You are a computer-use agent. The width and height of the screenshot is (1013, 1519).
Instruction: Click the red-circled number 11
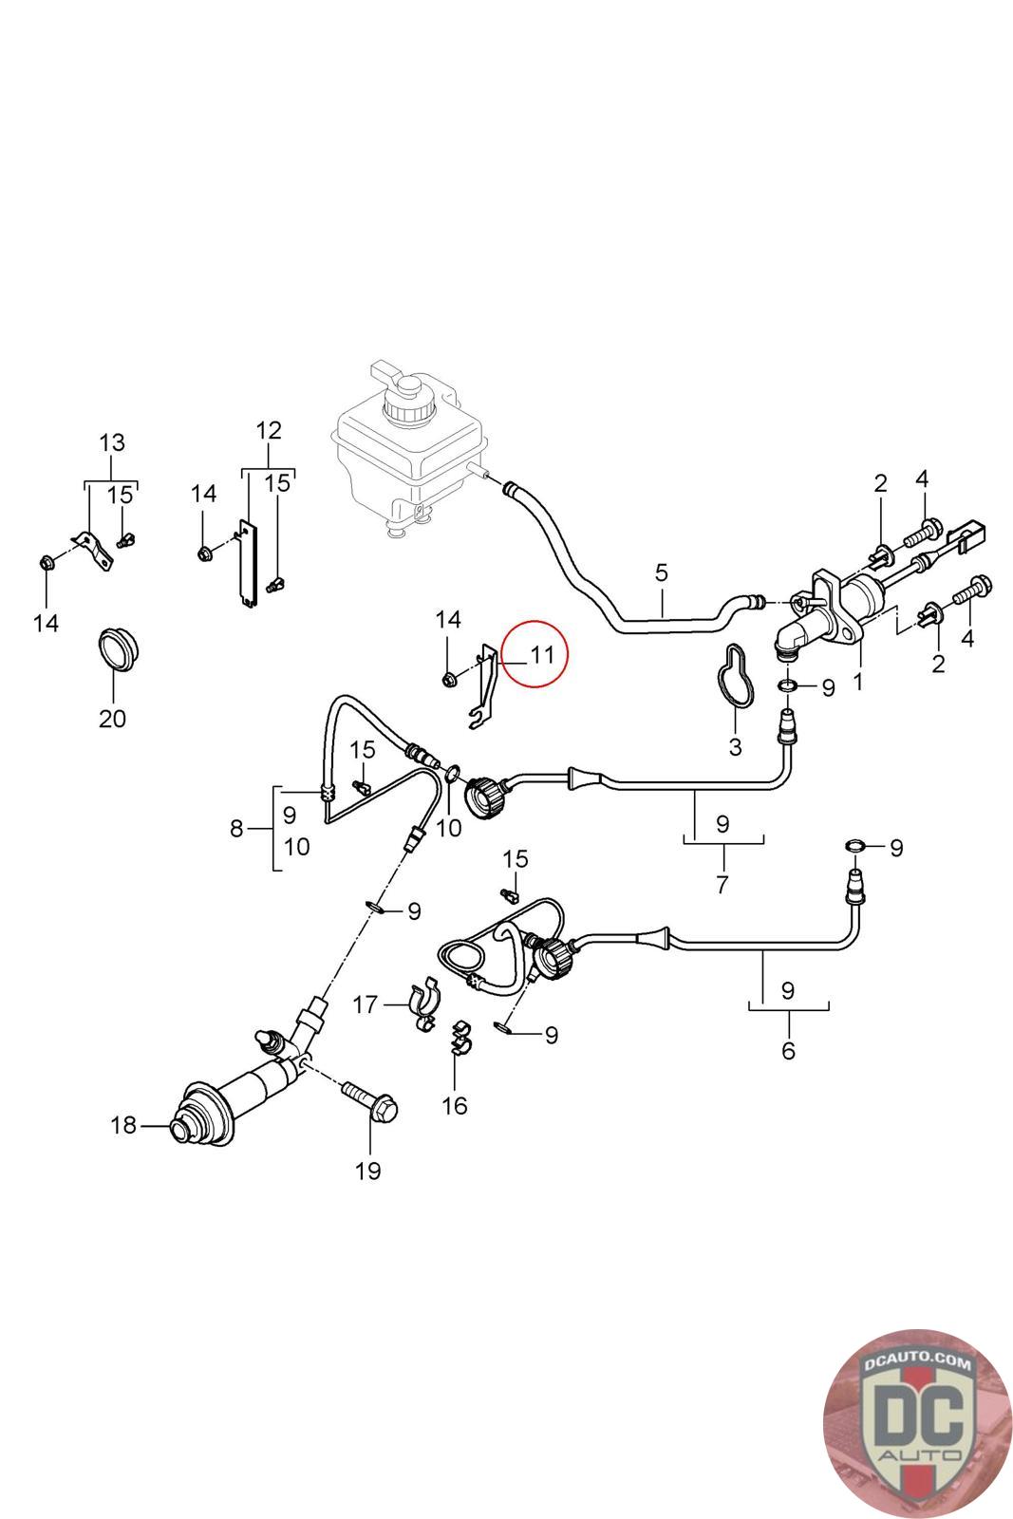[x=540, y=654]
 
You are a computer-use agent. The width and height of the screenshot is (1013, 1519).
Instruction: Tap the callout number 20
[x=112, y=719]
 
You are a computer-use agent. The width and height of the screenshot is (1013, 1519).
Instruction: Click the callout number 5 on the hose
[x=661, y=572]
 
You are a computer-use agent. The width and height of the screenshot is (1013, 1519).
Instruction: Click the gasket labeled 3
[x=736, y=676]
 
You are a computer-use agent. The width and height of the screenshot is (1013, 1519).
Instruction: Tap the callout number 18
[x=123, y=1126]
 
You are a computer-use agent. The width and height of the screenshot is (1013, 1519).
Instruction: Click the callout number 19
[x=368, y=1171]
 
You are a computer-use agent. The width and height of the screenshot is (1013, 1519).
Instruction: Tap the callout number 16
[x=456, y=1105]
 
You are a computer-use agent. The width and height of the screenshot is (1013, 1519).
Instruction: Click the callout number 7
[x=722, y=885]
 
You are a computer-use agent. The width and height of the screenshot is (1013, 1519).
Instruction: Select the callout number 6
[x=788, y=1051]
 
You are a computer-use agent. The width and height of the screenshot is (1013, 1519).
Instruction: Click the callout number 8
[x=236, y=829]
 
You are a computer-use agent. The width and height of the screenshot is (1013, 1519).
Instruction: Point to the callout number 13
[x=112, y=442]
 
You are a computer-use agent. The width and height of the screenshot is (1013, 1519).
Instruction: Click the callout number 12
[x=269, y=430]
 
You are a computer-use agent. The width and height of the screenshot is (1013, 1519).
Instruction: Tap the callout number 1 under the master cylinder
[x=858, y=681]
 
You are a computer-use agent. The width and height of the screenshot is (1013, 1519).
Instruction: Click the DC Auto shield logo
[x=917, y=1423]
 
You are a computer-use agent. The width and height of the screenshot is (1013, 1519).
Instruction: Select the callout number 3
[x=735, y=746]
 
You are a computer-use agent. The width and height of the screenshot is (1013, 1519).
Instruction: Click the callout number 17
[x=366, y=1003]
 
